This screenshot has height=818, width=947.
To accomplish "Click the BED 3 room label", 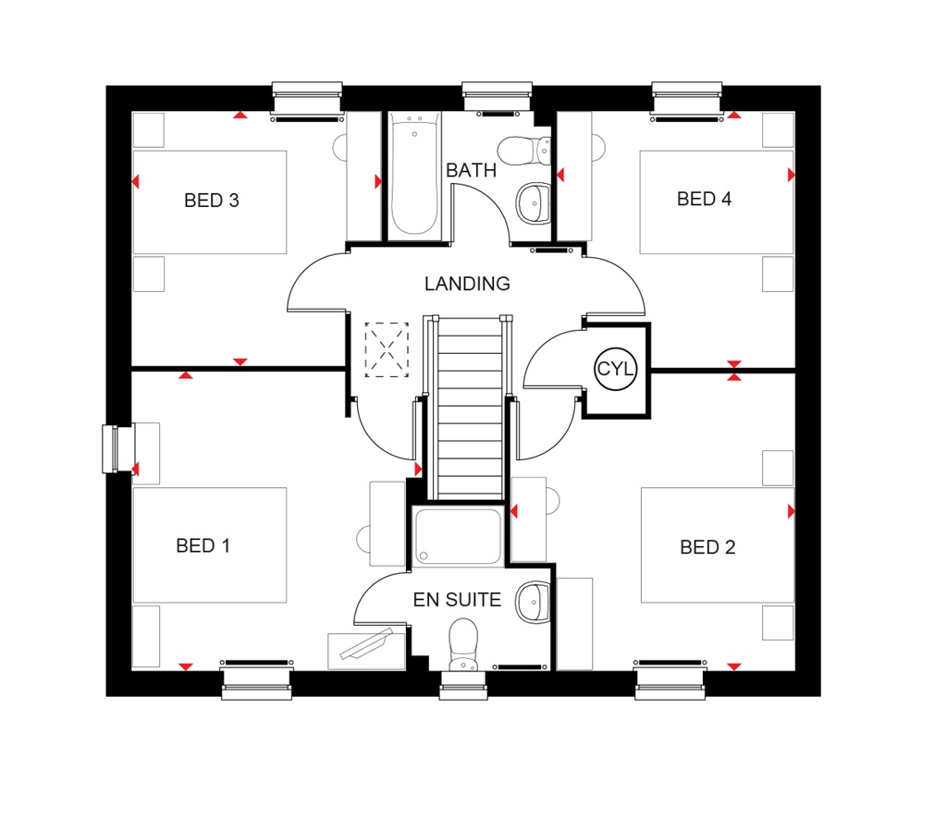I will click(212, 201).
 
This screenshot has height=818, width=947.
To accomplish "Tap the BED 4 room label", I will click(704, 199).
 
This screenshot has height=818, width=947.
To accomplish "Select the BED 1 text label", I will click(203, 546).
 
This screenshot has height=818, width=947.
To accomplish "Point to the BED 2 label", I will click(707, 548).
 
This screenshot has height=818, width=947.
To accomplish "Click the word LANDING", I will click(467, 284).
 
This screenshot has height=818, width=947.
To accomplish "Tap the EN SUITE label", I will click(457, 601).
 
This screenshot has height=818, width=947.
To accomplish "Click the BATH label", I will click(471, 171).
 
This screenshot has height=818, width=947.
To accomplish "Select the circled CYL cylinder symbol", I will click(616, 369).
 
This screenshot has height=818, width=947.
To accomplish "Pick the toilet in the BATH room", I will click(524, 149).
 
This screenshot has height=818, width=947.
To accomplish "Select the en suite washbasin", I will click(533, 601).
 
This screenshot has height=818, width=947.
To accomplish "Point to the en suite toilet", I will click(461, 645).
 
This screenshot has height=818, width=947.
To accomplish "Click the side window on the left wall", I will click(117, 449).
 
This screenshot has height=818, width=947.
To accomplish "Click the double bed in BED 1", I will click(210, 545).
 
